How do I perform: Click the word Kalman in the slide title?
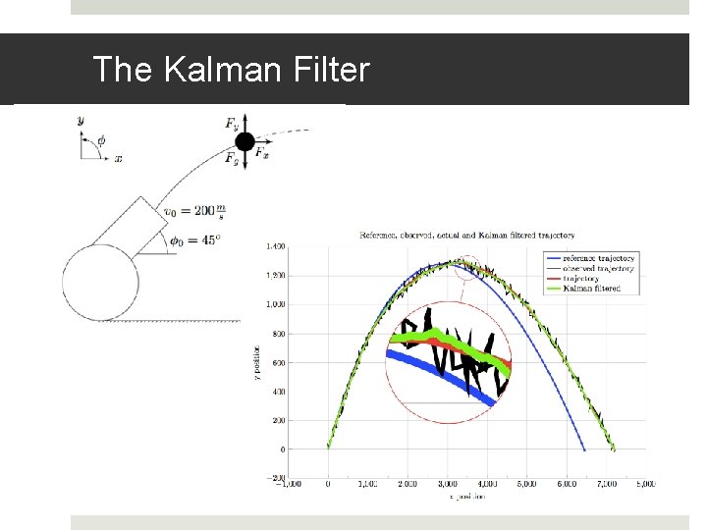point(205,70)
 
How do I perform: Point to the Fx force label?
point(263,153)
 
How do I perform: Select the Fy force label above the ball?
point(231,124)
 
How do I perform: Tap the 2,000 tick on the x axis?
point(408,484)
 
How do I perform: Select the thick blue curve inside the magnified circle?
point(432,374)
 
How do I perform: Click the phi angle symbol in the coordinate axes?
point(100,139)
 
